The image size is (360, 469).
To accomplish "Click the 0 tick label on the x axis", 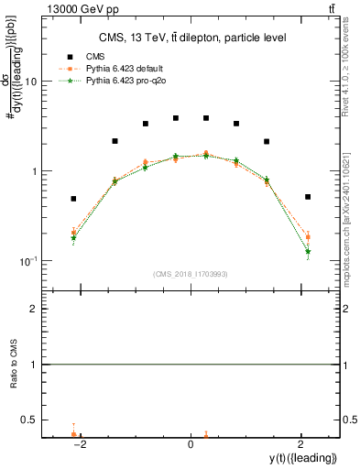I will [191, 444].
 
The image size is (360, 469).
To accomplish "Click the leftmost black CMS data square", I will [73, 199].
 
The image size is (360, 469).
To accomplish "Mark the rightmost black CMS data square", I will [308, 197].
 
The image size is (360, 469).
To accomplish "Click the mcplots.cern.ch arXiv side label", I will [353, 220].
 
